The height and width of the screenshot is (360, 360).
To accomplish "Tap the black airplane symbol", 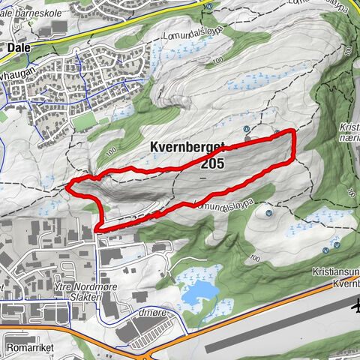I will tap(355, 306).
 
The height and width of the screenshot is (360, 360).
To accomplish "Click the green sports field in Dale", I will tap(82, 121).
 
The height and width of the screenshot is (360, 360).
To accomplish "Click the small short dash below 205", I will tap(202, 180).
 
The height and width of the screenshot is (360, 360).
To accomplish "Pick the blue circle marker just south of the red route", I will tap(268, 211).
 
